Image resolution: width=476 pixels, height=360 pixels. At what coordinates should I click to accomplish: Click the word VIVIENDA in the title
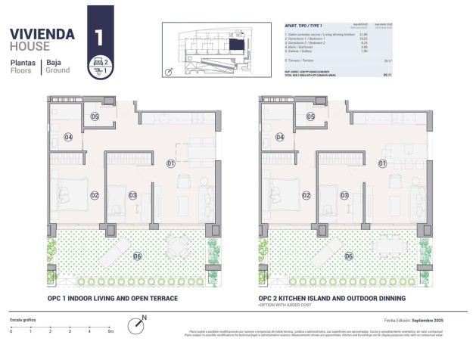42,34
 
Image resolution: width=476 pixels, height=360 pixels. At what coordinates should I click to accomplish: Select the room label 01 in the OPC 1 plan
171,163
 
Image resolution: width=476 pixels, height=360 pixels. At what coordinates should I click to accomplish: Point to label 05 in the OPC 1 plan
95,116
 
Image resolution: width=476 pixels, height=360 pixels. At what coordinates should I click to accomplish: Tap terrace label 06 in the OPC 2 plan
349,256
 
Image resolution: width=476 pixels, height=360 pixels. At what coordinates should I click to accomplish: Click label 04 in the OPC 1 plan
68,137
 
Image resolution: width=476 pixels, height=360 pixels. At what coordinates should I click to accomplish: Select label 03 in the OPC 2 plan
344,195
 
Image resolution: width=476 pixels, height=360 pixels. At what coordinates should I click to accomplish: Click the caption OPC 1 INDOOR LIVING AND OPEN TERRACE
113,299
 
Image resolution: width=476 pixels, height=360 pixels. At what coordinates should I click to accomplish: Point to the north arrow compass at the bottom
137,324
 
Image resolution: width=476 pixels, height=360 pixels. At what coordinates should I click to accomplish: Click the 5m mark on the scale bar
110,331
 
